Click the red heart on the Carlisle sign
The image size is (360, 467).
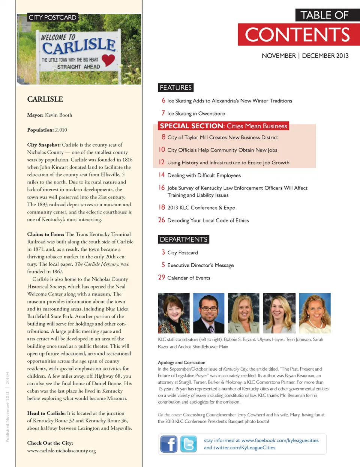pyautogui.click(x=108, y=59)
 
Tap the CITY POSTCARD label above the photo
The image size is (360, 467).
pyautogui.click(x=52, y=17)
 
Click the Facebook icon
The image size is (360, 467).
pyautogui.click(x=169, y=444)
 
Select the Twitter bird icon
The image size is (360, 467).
pyautogui.click(x=188, y=444)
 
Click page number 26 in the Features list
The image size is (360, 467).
pyautogui.click(x=162, y=220)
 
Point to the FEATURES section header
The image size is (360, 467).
pyautogui.click(x=175, y=87)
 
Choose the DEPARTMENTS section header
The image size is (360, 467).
pyautogui.click(x=183, y=239)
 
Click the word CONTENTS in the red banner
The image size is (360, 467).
pyautogui.click(x=297, y=35)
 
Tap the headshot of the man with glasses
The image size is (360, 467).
pyautogui.click(x=208, y=313)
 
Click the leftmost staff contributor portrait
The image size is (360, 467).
pyautogui.click(x=174, y=313)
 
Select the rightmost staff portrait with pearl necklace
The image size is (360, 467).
pyautogui.click(x=315, y=313)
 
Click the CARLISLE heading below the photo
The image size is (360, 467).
pyautogui.click(x=45, y=99)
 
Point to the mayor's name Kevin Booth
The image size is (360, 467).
pyautogui.click(x=58, y=115)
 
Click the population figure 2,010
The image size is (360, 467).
pyautogui.click(x=61, y=130)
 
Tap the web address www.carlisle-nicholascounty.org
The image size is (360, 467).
pyautogui.click(x=61, y=450)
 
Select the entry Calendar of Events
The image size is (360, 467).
pyautogui.click(x=189, y=278)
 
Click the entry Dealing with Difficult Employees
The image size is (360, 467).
pyautogui.click(x=204, y=176)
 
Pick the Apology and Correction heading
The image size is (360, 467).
pyautogui.click(x=181, y=362)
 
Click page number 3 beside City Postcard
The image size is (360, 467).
pyautogui.click(x=163, y=252)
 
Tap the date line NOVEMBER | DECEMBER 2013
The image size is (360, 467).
pyautogui.click(x=305, y=56)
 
